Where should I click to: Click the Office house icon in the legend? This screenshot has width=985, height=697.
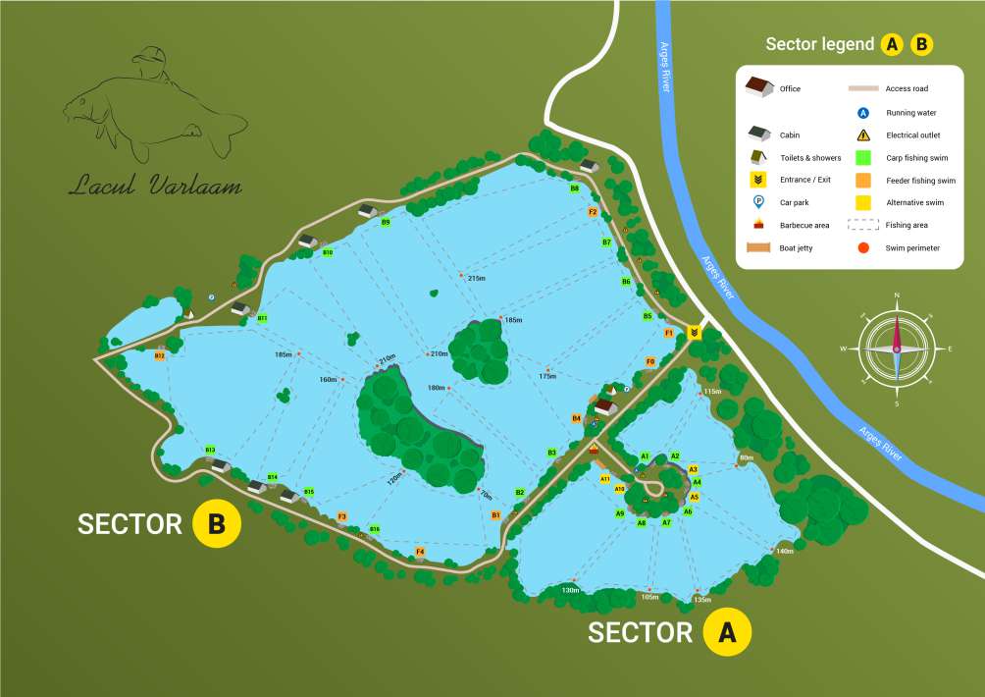(x=758, y=88)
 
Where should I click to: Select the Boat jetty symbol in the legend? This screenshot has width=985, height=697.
(x=758, y=247)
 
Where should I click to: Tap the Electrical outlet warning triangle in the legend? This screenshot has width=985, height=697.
(x=863, y=135)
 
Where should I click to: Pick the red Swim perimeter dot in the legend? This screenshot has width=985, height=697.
(x=863, y=247)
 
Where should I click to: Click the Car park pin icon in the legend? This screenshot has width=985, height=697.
(x=758, y=202)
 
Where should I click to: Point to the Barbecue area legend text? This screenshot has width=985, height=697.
(x=804, y=225)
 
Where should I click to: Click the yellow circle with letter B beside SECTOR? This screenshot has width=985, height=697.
(x=217, y=524)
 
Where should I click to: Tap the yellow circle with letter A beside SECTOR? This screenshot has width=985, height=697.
(x=727, y=632)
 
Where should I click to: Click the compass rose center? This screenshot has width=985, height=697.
(x=896, y=348)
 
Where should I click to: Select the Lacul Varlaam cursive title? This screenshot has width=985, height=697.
(x=155, y=186)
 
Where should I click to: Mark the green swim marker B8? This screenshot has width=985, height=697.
(x=575, y=188)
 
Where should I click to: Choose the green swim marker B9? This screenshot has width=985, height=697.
(x=386, y=223)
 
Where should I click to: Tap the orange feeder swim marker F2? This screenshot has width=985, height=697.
(x=593, y=211)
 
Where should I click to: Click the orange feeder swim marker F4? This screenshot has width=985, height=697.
(x=420, y=552)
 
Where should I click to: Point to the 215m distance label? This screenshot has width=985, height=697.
(x=477, y=278)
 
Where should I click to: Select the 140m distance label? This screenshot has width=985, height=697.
(x=784, y=552)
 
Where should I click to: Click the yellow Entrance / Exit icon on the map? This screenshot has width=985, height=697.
(x=695, y=332)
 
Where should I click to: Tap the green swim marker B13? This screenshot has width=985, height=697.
(x=210, y=450)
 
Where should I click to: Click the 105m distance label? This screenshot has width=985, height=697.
(x=649, y=596)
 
